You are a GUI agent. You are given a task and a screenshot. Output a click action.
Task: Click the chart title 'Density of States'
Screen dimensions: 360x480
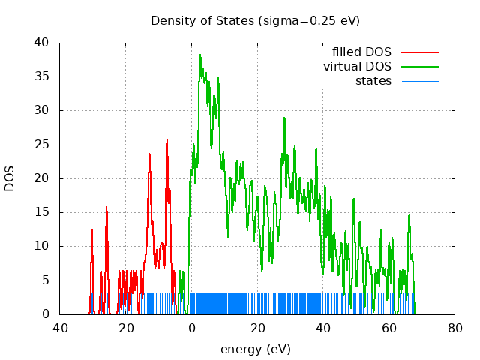tap(255, 20)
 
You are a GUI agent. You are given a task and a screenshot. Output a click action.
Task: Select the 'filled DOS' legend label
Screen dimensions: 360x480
tap(361, 52)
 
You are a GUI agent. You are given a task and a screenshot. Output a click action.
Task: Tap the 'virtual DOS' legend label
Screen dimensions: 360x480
tap(357, 67)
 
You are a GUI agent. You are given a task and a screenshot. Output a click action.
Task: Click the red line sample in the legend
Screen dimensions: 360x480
tap(419, 52)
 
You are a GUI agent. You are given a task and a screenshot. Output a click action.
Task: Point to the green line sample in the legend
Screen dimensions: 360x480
tap(419, 67)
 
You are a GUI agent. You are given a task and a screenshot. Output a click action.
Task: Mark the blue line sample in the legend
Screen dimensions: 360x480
tap(419, 80)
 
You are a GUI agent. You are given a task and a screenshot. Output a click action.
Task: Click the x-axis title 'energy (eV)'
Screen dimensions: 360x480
tap(255, 349)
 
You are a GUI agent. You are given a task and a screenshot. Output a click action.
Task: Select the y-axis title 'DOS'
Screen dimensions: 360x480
tap(10, 178)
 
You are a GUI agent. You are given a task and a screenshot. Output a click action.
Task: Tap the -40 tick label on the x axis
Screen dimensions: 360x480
tap(59, 328)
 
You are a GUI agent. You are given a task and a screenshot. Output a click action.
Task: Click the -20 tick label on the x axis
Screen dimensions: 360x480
tap(125, 328)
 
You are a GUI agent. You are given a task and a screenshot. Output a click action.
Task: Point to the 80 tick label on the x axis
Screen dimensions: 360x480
tap(455, 328)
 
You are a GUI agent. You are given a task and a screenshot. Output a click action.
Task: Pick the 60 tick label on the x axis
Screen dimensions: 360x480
tap(389, 328)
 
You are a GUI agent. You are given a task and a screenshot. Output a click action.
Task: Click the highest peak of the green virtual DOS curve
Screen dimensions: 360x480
tap(200, 55)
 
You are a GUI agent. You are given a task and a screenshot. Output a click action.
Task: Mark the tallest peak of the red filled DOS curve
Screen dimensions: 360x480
tap(167, 140)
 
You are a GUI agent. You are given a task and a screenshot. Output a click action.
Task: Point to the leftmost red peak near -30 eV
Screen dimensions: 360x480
tap(92, 229)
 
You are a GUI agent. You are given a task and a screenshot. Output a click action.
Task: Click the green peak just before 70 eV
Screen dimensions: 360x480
tap(409, 216)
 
